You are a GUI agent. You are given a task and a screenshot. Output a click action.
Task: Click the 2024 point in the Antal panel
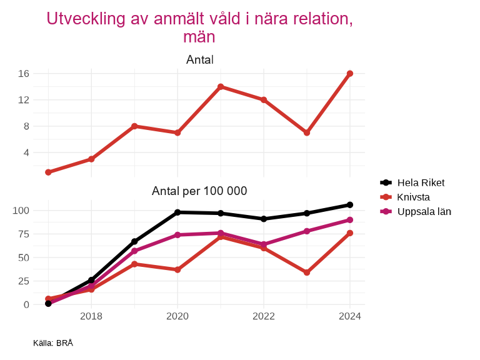point(350,74)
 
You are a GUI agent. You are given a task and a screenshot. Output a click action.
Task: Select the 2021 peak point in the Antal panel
point(221,87)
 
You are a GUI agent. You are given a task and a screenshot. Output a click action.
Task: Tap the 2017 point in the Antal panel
point(48,172)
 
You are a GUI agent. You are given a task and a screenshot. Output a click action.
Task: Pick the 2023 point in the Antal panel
point(307,132)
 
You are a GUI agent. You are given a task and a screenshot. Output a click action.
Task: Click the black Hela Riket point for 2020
point(177,212)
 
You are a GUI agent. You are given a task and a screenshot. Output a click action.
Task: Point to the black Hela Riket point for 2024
point(350,205)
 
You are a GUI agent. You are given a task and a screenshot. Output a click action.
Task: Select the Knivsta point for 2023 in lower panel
point(307,272)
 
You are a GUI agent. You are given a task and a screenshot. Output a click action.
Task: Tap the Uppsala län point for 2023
point(307,231)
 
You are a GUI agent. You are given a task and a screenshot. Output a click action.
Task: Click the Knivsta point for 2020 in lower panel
point(177,269)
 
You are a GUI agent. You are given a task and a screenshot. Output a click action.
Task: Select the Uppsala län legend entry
point(424,211)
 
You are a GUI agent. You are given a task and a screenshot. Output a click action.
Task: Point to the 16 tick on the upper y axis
point(24,74)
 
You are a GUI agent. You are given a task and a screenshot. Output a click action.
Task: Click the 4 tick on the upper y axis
point(26,152)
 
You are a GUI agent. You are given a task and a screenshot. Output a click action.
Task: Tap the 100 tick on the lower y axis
point(21,210)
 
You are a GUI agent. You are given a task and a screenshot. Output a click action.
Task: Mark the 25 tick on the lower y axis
point(24,281)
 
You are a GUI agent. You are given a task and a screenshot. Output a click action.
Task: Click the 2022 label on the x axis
point(264,316)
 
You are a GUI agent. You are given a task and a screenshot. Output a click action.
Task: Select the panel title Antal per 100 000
point(199,191)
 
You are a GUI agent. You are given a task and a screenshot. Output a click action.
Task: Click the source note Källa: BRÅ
point(53,343)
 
